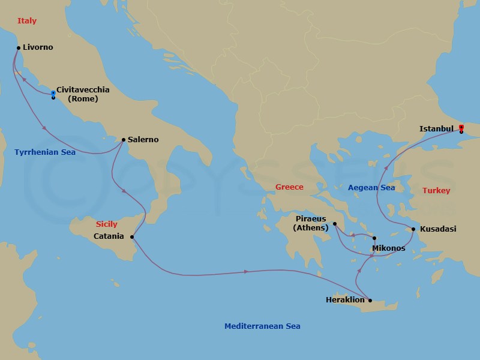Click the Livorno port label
point(38,47)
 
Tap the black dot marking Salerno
point(123,140)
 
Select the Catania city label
point(109,236)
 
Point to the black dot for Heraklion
point(370,301)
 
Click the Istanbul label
point(436,128)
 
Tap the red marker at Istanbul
point(461,127)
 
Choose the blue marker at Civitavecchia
point(53,92)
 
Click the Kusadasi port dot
point(413,229)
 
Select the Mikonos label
point(389,248)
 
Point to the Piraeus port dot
point(335,224)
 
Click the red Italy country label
point(27,21)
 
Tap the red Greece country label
point(289,187)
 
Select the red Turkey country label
point(436,190)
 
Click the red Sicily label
point(107,224)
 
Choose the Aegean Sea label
point(371,188)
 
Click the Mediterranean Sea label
point(262,326)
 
